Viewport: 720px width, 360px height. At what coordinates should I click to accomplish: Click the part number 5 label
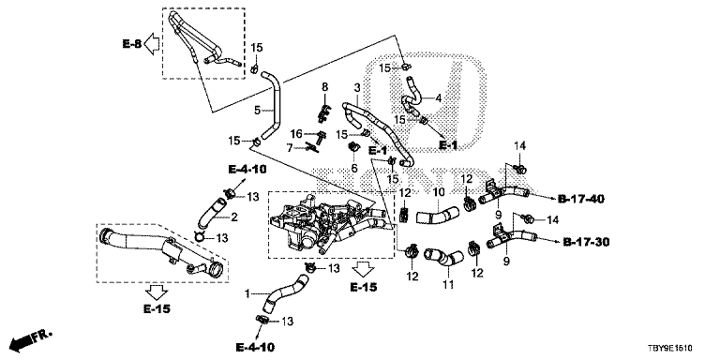click(x=257, y=110)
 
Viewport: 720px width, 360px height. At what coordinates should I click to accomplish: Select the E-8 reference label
click(x=132, y=44)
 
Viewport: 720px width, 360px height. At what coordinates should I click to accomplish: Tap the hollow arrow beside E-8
click(x=152, y=45)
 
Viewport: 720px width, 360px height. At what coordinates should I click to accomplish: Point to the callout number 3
click(x=357, y=87)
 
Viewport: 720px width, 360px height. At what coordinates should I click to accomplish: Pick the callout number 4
click(x=438, y=97)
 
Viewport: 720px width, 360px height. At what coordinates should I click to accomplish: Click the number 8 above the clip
click(x=324, y=86)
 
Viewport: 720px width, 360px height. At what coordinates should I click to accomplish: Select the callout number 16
click(x=296, y=134)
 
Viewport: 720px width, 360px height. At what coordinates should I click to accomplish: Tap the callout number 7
click(x=290, y=148)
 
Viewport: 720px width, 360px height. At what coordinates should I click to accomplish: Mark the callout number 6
click(x=354, y=169)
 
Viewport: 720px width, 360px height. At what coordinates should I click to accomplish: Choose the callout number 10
click(x=438, y=191)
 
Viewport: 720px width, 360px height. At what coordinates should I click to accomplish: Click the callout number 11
click(x=448, y=285)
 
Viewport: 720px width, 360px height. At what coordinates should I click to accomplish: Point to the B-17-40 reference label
click(x=581, y=200)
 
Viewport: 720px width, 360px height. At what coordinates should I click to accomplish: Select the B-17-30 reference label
click(x=586, y=242)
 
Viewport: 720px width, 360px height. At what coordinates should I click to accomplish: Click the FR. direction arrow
click(x=31, y=339)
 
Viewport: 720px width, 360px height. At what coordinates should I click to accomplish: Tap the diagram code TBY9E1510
click(x=670, y=349)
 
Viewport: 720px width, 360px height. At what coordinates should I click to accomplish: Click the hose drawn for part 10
click(x=437, y=215)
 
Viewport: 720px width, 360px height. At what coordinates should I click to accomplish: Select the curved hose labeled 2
click(x=211, y=212)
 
